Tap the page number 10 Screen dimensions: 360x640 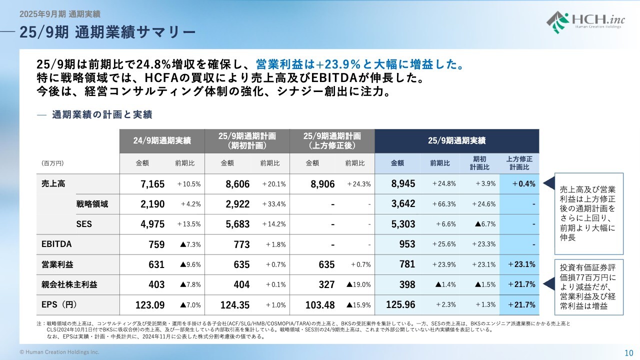click(x=629, y=352)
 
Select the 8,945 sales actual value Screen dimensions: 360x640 click(x=403, y=184)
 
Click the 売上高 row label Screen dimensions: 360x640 click(x=53, y=183)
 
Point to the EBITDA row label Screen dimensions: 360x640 click(x=56, y=244)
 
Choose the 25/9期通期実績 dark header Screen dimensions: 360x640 click(x=456, y=141)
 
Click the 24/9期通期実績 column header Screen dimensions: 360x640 click(x=162, y=141)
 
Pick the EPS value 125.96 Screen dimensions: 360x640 click(x=401, y=304)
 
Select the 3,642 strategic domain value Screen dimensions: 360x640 click(x=403, y=204)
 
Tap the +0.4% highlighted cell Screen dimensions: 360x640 click(x=523, y=184)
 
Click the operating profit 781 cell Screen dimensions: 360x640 click(x=407, y=264)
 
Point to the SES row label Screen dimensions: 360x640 click(x=84, y=224)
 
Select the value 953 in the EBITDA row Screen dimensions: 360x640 click(x=407, y=244)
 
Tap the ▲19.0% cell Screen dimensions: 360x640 click(x=358, y=284)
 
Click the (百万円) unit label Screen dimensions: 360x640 click(x=52, y=163)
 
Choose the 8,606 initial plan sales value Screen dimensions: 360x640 click(x=237, y=184)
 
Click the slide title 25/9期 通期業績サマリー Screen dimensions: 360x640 click(x=107, y=32)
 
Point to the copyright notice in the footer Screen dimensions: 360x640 click(x=59, y=352)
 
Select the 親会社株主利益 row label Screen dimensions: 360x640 click(x=69, y=284)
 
